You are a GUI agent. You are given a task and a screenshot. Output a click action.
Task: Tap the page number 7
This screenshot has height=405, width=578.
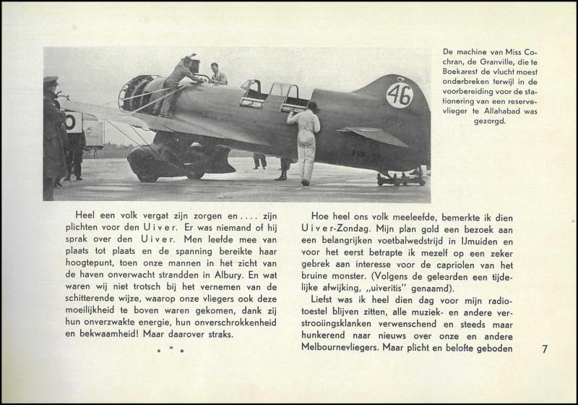click(x=545, y=349)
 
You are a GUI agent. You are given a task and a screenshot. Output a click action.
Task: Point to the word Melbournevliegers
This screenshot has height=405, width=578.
click(x=340, y=349)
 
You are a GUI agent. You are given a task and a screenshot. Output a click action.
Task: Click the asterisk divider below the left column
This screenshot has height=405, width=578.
click(x=171, y=351)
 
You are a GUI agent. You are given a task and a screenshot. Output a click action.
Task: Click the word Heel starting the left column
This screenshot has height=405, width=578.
click(x=85, y=214)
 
